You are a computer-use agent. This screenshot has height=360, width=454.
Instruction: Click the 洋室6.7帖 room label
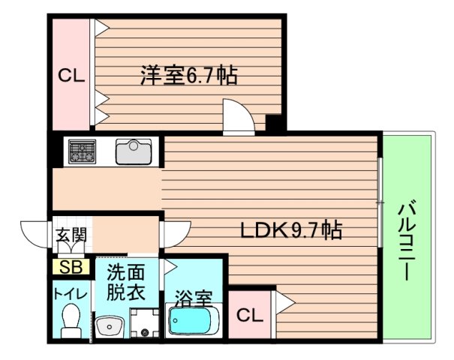pyautogui.click(x=188, y=76)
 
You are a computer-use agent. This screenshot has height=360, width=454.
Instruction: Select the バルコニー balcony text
pyautogui.click(x=407, y=239)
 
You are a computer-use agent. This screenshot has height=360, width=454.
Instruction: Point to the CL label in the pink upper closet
pyautogui.click(x=71, y=76)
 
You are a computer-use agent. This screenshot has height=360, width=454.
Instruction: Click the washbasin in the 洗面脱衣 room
pyautogui.click(x=110, y=326)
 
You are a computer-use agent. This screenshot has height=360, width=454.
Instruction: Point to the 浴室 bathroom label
pyautogui.click(x=194, y=298)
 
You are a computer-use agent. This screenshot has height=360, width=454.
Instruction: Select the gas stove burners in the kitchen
pyautogui.click(x=81, y=152)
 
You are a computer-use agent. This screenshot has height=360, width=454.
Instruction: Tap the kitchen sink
pyautogui.click(x=133, y=152)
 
